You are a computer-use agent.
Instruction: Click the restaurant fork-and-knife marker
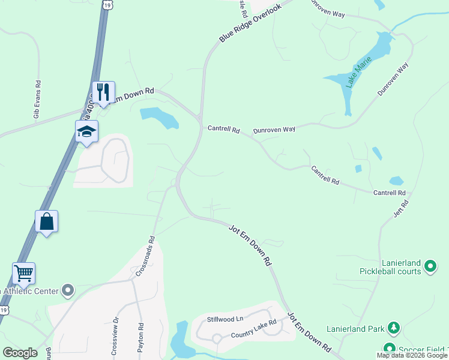(103, 92)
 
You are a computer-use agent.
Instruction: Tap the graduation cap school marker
(86, 131)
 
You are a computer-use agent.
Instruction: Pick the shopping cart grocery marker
(23, 273)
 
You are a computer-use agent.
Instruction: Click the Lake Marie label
(358, 73)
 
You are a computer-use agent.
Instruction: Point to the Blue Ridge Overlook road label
(250, 24)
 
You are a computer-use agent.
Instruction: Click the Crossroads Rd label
(145, 256)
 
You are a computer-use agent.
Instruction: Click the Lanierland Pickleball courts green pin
(430, 265)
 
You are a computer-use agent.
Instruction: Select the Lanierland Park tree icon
(393, 328)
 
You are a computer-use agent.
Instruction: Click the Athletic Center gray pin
(68, 291)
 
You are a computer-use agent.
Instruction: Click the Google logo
(20, 353)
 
